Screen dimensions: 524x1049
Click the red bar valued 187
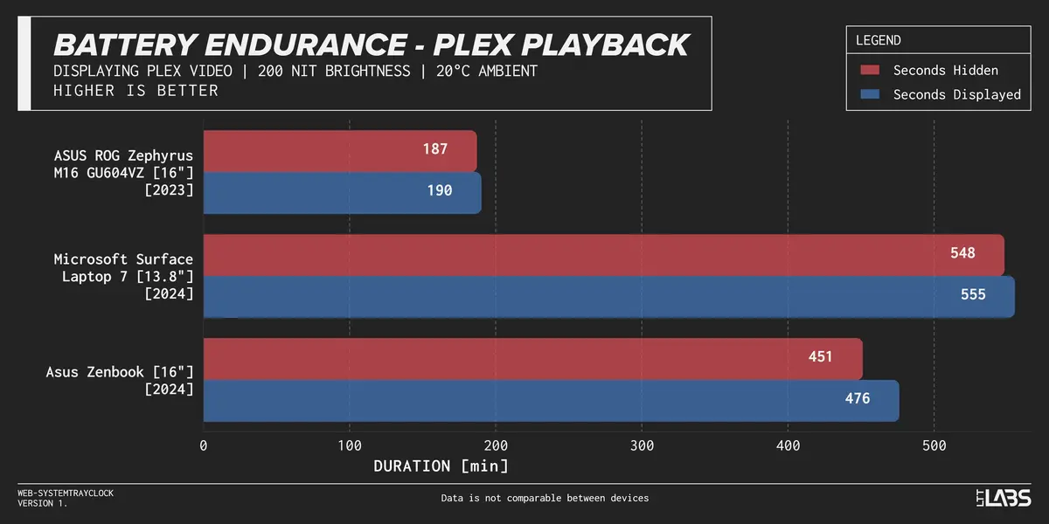coord(340,151)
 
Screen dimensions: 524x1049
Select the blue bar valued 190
coord(342,192)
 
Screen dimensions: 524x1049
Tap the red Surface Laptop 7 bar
coord(603,255)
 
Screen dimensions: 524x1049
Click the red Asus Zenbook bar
coord(532,358)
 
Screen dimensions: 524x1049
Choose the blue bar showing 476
coord(551,400)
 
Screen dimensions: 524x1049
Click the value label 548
coord(962,253)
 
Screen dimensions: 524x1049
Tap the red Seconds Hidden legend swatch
coord(869,70)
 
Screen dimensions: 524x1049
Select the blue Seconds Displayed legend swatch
coord(869,94)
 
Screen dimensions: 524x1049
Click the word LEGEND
coord(878,40)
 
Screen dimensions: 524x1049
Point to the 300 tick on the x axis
coord(642,445)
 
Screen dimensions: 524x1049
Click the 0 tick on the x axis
coord(204,445)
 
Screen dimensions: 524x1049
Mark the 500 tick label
coord(934,445)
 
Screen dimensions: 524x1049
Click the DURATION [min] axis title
coord(441,466)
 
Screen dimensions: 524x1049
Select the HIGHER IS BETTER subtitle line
coord(135,91)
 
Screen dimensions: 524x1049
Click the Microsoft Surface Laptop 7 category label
coord(123,276)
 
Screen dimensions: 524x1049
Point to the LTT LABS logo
coord(1004,498)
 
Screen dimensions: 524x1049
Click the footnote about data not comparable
coord(545,498)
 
